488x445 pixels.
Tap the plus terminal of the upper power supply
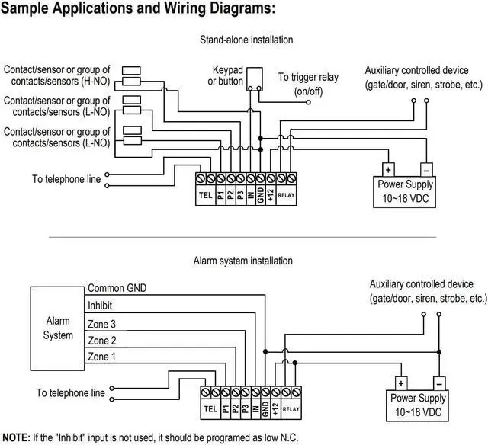(x=387, y=170)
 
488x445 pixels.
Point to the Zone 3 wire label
(x=103, y=324)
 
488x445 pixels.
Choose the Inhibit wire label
(x=101, y=306)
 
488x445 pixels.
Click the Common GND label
(x=117, y=288)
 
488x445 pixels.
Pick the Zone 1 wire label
(x=103, y=357)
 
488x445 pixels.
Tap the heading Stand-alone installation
(x=246, y=40)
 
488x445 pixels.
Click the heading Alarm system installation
(x=243, y=261)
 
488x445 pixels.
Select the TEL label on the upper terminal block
(x=205, y=195)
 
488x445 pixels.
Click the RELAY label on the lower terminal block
(x=291, y=409)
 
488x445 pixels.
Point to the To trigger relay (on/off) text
(x=308, y=83)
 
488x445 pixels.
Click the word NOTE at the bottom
(x=15, y=437)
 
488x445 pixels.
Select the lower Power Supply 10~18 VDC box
(x=418, y=404)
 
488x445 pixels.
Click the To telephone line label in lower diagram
(x=70, y=393)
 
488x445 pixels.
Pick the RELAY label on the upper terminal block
(x=286, y=195)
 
